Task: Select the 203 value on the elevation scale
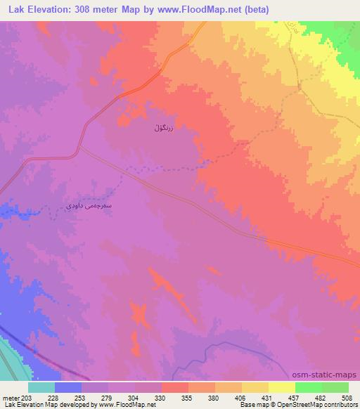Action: pos(25,397)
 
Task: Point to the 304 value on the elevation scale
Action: pos(135,397)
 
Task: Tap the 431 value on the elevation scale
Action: pos(269,397)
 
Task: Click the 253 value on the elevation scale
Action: pos(82,397)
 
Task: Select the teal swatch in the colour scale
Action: pos(41,387)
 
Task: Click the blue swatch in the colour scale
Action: pos(68,387)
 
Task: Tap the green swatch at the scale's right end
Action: pos(335,387)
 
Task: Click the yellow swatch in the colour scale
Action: pos(282,387)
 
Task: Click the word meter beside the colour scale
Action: pos(10,397)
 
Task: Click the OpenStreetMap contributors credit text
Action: pos(323,405)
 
